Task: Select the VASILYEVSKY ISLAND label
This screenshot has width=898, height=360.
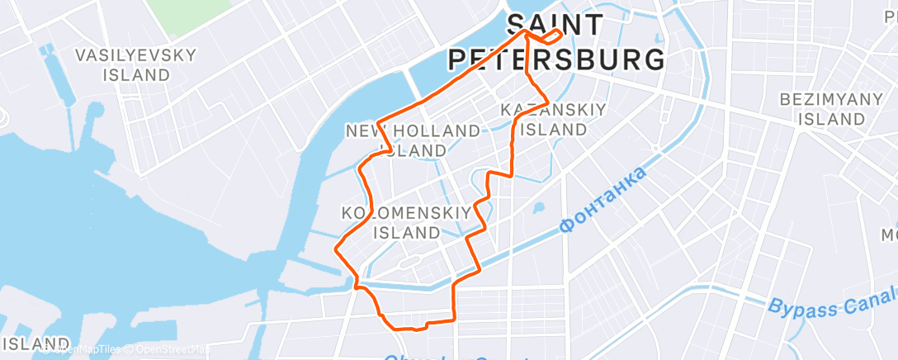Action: (136, 65)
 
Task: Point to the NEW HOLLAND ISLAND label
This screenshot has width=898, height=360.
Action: (413, 140)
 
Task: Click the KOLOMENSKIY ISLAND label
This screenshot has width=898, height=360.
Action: (407, 221)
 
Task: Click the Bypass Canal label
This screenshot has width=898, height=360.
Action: (832, 304)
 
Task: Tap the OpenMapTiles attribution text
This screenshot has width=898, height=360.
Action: (90, 349)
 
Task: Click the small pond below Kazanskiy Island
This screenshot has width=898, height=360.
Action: (540, 208)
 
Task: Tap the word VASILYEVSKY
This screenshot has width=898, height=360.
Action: (136, 56)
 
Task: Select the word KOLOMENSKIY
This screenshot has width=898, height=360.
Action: (407, 212)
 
